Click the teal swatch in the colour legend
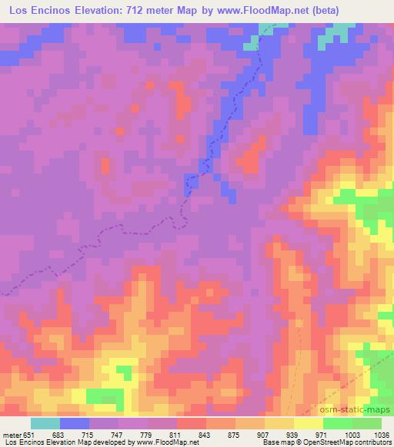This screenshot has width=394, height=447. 45,423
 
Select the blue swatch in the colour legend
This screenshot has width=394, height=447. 75,423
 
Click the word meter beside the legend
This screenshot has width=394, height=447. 13,435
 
